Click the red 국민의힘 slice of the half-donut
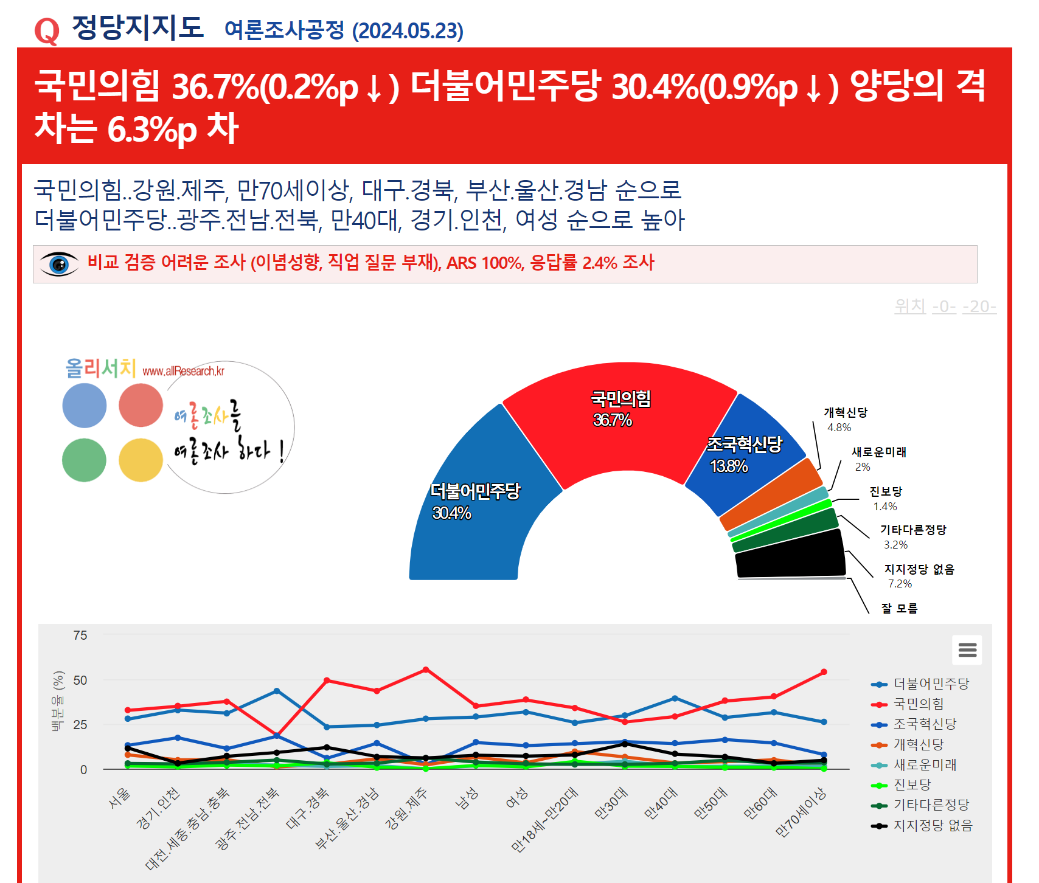(620, 426)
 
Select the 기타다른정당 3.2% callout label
(912, 536)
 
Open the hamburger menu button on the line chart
(967, 650)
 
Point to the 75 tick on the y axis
(80, 635)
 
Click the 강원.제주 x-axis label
(407, 809)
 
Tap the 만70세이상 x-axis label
(801, 812)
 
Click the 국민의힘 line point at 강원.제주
(426, 670)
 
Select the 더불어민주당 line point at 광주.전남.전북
(277, 691)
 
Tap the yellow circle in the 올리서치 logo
(141, 460)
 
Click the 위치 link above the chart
(910, 306)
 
